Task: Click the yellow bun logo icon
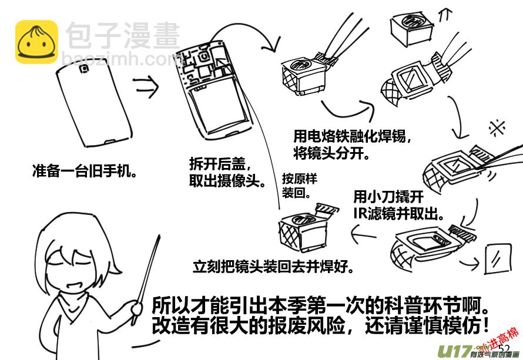36,42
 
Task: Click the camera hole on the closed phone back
84,68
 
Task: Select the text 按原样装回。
299,185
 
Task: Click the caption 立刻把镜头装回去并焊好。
274,267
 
